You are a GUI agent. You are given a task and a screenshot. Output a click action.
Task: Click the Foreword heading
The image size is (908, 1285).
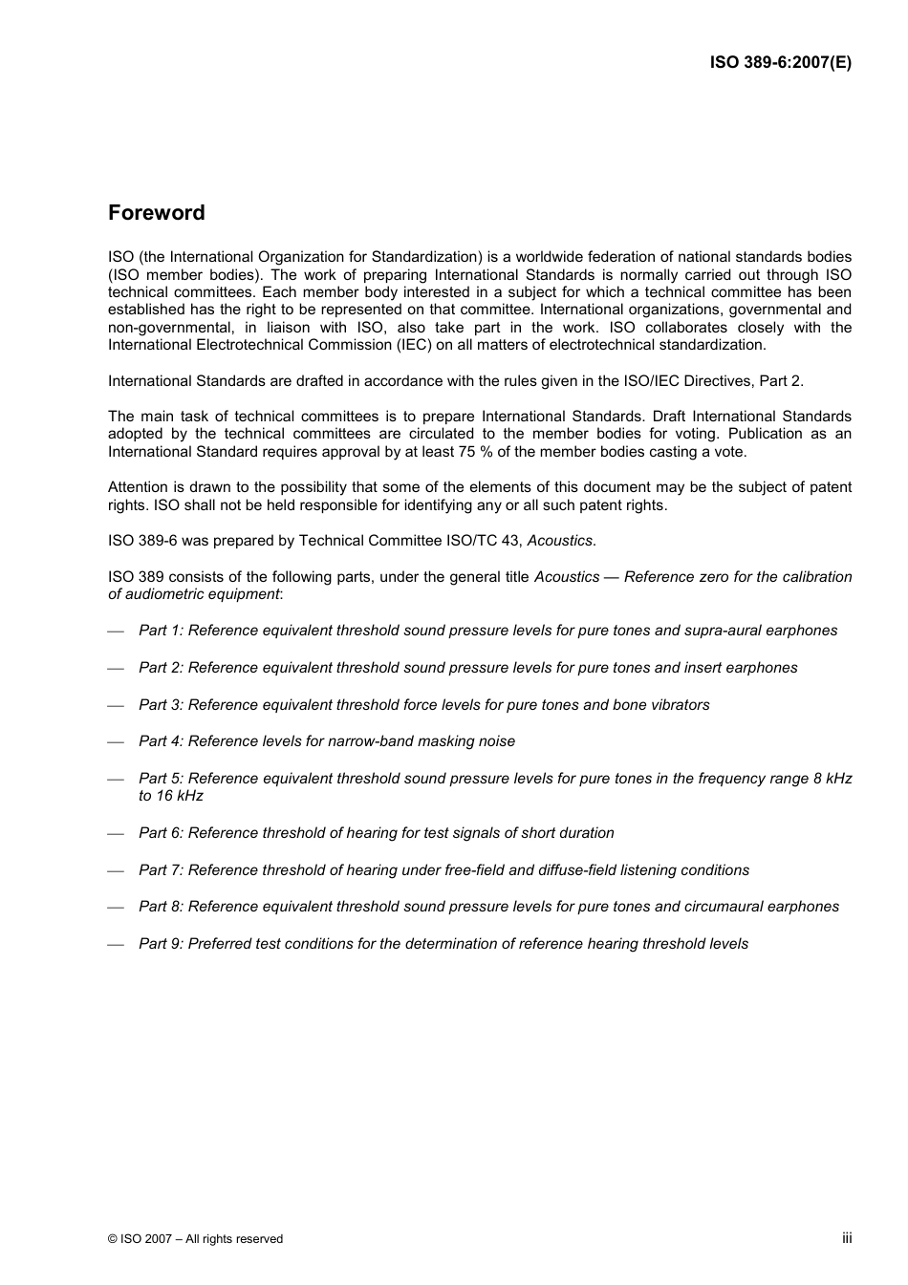(x=156, y=213)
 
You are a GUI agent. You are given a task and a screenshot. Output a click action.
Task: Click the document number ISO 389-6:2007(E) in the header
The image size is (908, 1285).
(x=780, y=63)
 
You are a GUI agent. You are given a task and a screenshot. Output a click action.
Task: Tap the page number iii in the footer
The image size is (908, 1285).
(x=846, y=1237)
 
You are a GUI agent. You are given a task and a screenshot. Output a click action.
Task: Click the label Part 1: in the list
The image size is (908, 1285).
(x=161, y=631)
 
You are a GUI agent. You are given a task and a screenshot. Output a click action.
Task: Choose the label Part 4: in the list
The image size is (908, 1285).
(x=161, y=741)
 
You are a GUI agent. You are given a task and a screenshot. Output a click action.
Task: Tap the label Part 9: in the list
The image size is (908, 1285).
(x=161, y=944)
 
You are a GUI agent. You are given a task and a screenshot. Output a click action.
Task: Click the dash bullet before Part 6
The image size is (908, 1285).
(x=116, y=834)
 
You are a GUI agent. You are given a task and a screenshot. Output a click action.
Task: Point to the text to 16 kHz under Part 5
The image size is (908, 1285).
(x=170, y=796)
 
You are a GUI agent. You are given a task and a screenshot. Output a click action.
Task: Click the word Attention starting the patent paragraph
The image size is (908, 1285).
(x=138, y=487)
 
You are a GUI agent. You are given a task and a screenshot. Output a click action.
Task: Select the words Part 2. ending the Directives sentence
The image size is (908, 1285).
(x=781, y=381)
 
